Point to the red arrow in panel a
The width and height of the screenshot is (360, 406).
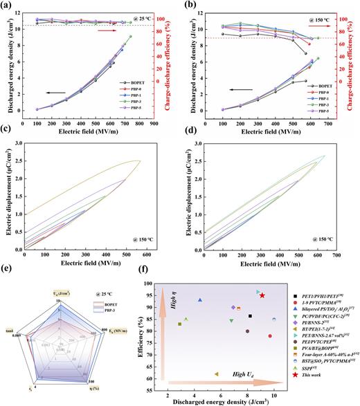[108, 31]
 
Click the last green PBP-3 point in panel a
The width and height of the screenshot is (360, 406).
[149, 37]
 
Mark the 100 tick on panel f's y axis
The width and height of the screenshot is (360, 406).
[154, 283]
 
